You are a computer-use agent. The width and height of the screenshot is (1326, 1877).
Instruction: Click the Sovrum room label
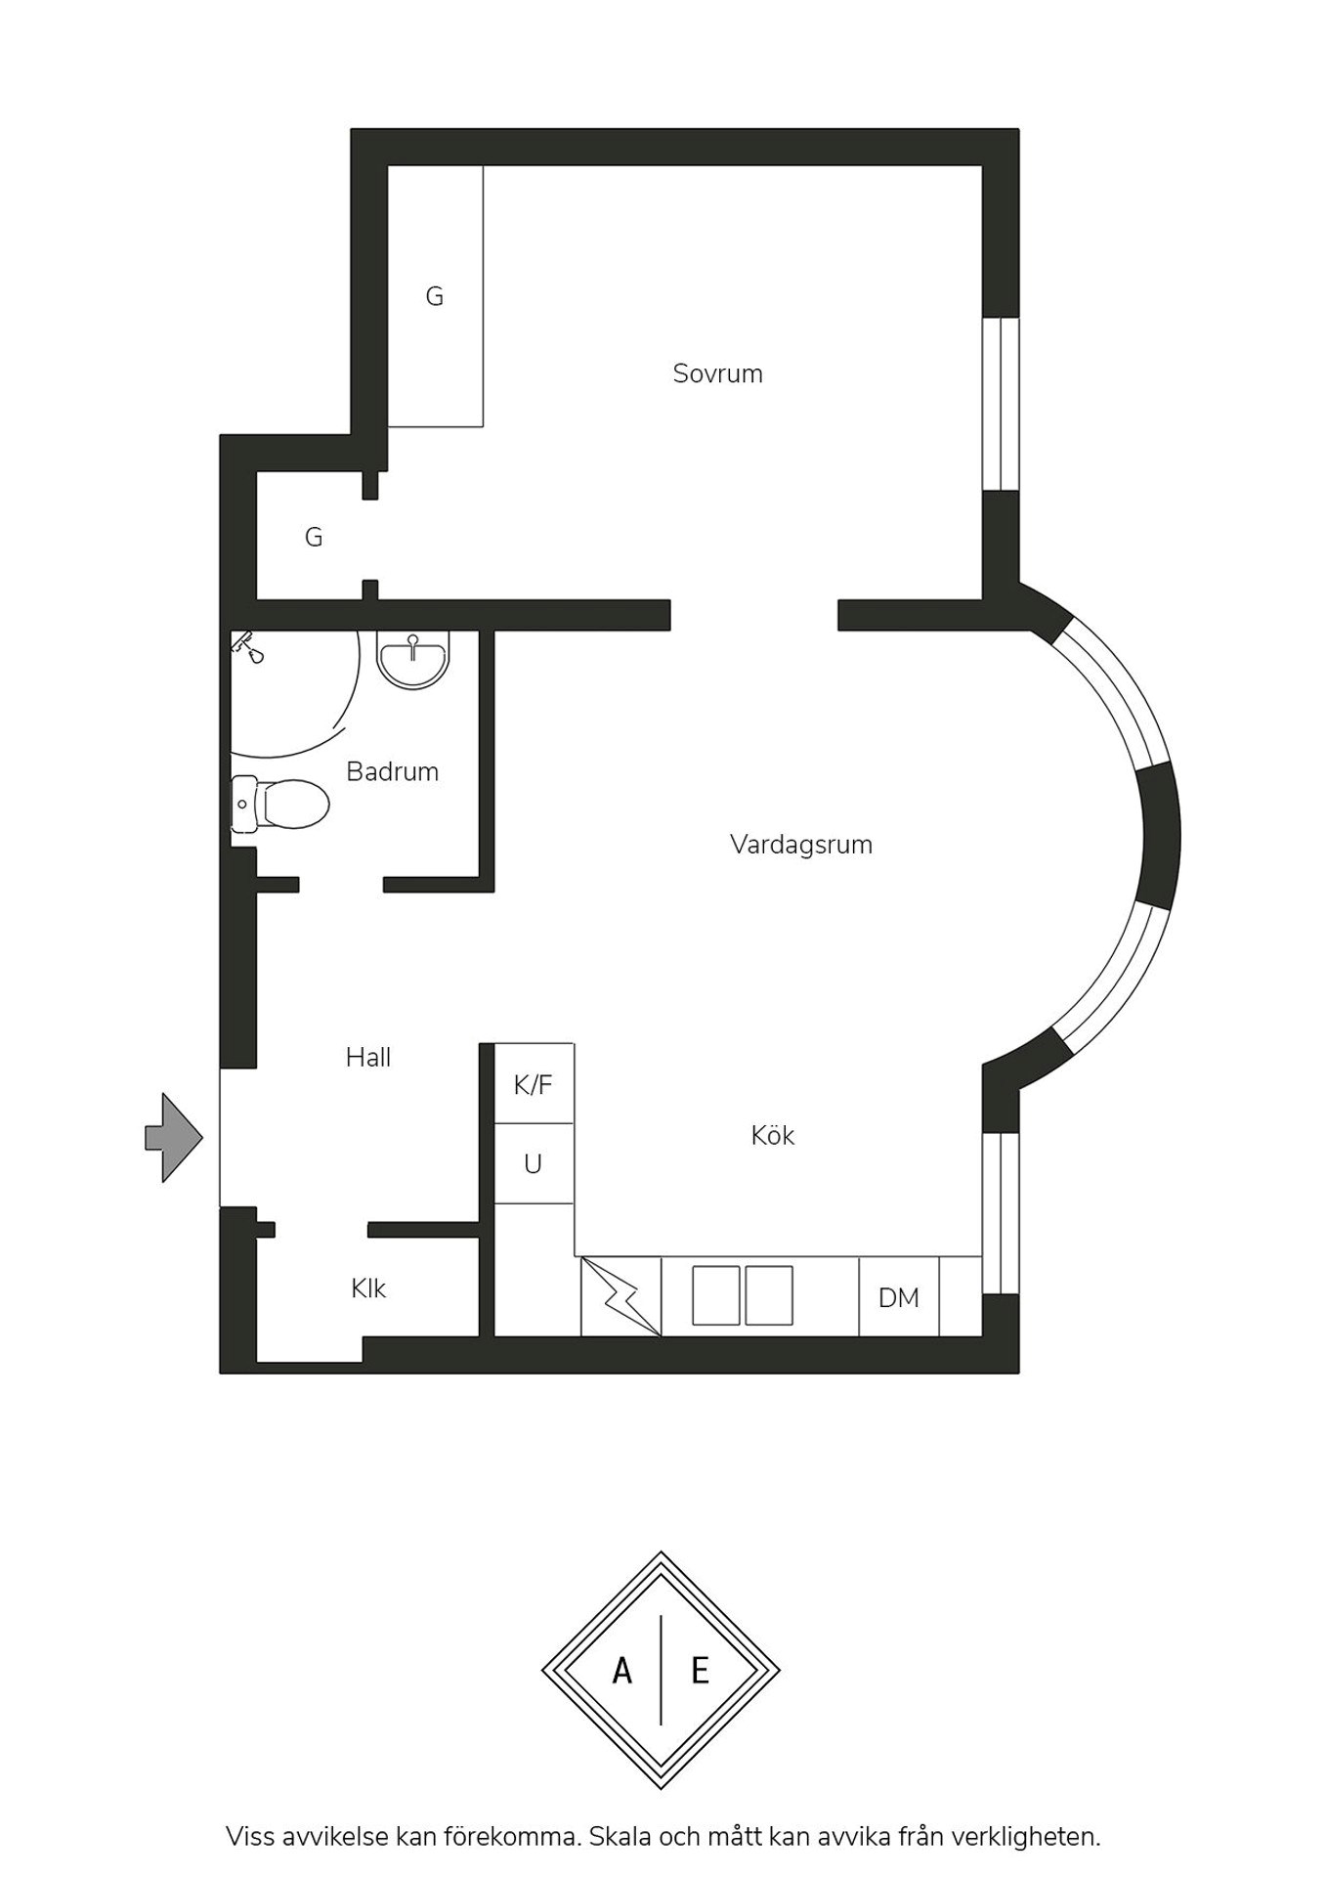pyautogui.click(x=717, y=373)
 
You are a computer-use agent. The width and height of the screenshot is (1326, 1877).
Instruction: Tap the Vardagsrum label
pyautogui.click(x=801, y=845)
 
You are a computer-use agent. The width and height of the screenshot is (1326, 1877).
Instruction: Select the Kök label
pyautogui.click(x=772, y=1135)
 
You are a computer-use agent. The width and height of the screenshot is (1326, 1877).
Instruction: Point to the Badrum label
pyautogui.click(x=392, y=771)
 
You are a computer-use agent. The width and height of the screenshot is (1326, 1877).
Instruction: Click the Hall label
pyautogui.click(x=368, y=1057)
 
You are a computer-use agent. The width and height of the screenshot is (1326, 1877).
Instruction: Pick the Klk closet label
pyautogui.click(x=368, y=1288)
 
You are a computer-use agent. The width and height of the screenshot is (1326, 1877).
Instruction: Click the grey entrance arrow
pyautogui.click(x=173, y=1138)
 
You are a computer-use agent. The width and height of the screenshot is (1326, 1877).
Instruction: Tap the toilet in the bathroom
pyautogui.click(x=279, y=804)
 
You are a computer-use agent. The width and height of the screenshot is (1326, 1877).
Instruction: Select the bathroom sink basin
pyautogui.click(x=413, y=660)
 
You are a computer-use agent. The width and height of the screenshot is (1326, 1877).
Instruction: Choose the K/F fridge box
pyautogui.click(x=534, y=1083)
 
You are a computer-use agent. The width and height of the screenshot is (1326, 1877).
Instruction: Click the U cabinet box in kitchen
pyautogui.click(x=534, y=1163)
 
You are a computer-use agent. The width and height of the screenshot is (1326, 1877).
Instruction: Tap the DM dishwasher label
pyautogui.click(x=899, y=1298)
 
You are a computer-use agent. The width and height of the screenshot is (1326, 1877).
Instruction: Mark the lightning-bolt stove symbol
pyautogui.click(x=621, y=1296)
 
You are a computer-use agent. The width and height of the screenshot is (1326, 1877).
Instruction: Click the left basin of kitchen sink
pyautogui.click(x=716, y=1295)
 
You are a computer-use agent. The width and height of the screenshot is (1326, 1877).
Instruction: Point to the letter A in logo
pyautogui.click(x=622, y=1672)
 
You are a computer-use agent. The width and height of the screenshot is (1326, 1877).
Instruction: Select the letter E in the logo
pyautogui.click(x=700, y=1672)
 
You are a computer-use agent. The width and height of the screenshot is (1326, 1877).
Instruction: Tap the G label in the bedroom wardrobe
pyautogui.click(x=435, y=296)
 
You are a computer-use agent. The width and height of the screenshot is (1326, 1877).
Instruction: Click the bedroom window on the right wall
pyautogui.click(x=1001, y=403)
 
